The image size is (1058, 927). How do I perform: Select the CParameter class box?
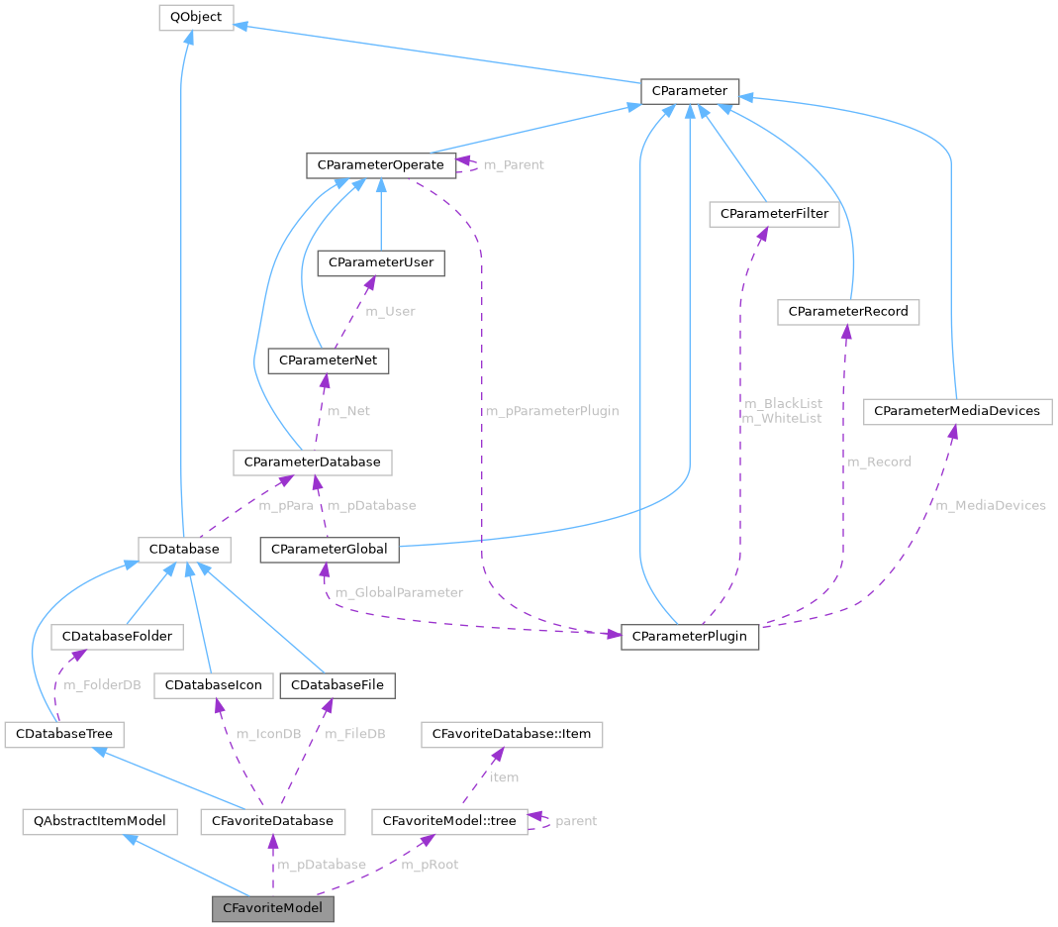(x=689, y=91)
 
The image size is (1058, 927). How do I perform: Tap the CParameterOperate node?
(x=381, y=164)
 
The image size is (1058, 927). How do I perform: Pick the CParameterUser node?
(x=380, y=262)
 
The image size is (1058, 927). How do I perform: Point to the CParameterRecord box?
(x=848, y=312)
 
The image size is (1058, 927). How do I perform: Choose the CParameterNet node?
(x=329, y=361)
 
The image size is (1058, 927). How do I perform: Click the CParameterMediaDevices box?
(x=956, y=411)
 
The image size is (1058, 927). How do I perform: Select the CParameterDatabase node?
(x=312, y=462)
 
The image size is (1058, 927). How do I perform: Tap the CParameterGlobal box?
(x=330, y=549)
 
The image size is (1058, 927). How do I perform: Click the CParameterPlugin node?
(x=689, y=636)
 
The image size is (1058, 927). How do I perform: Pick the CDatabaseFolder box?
(x=117, y=636)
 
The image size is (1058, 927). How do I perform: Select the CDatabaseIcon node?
(x=213, y=685)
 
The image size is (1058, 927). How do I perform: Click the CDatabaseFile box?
(x=337, y=685)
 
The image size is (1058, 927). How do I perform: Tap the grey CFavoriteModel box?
(x=272, y=908)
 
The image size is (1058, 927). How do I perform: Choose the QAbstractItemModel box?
(x=100, y=821)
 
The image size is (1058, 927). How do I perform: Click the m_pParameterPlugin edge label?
(x=551, y=411)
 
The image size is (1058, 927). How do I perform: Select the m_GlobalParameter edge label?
(x=399, y=592)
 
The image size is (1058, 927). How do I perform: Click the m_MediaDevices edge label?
(x=991, y=505)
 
